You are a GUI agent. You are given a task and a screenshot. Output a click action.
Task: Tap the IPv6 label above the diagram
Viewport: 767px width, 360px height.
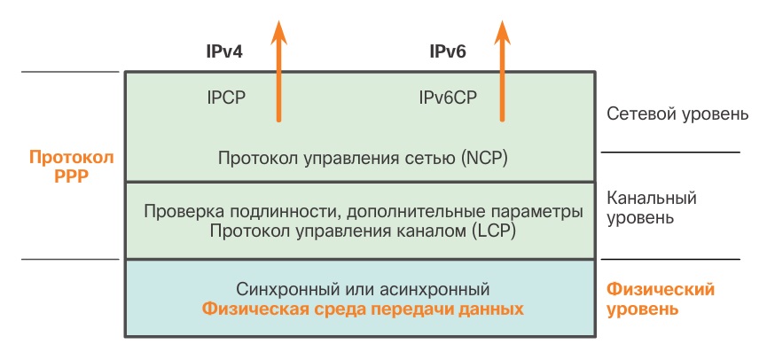448,52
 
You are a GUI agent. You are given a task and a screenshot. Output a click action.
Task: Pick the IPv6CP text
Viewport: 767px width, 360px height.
448,97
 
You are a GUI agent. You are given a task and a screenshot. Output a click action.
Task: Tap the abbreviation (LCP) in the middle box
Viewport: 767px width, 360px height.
491,231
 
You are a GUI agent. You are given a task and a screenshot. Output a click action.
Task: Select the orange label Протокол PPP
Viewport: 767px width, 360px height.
72,166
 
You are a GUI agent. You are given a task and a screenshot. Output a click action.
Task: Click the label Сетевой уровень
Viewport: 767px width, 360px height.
677,115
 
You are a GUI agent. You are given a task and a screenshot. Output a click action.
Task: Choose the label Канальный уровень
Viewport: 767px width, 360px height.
651,207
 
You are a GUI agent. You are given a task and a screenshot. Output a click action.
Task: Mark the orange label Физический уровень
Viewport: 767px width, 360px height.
661,300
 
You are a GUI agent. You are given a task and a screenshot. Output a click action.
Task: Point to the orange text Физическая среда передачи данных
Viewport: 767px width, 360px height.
364,309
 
